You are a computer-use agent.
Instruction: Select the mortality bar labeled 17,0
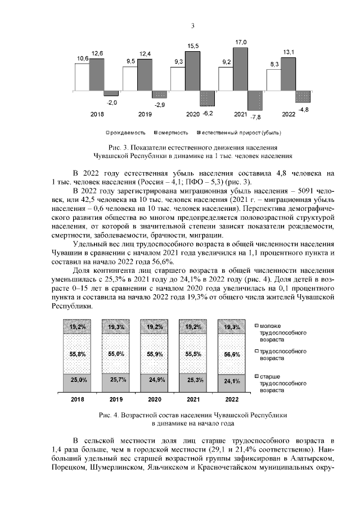[241, 69]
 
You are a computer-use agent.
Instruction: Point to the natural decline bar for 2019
[160, 94]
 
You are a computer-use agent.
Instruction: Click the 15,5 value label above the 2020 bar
[193, 45]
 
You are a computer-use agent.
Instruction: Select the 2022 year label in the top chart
[289, 114]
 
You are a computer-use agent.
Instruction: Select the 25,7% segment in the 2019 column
[116, 381]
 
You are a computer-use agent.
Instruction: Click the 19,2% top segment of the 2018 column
[78, 327]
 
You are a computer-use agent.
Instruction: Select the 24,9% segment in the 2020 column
[155, 381]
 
